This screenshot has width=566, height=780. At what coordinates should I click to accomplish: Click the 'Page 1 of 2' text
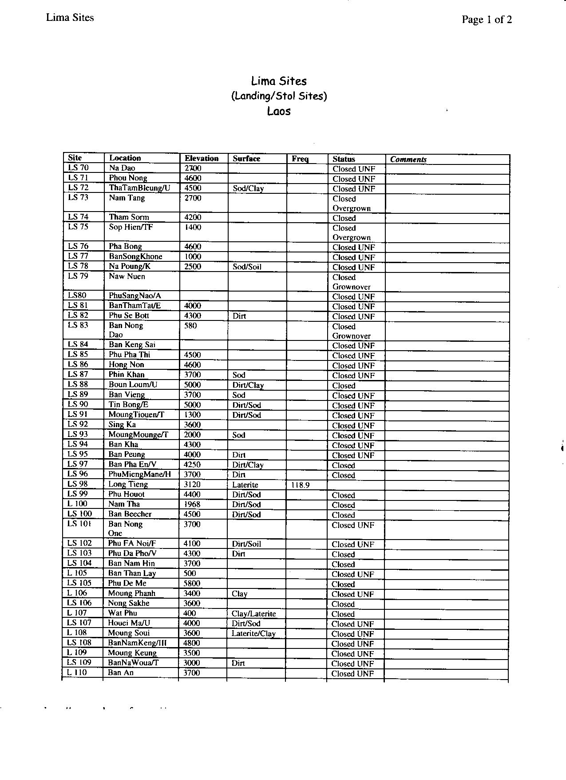coord(487,20)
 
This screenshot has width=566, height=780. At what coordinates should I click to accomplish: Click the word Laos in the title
coord(279,111)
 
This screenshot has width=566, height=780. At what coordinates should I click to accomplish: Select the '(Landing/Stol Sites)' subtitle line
coord(279,96)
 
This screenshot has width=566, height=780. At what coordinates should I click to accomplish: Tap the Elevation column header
coord(202,158)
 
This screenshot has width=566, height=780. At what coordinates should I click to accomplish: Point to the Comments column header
coord(408,160)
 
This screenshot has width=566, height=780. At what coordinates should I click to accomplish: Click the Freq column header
coord(300,159)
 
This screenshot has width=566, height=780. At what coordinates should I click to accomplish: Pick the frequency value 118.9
coord(300,485)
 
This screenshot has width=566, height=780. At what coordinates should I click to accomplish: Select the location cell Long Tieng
coord(128,484)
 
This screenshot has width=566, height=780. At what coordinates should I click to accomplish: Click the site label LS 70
coord(78,168)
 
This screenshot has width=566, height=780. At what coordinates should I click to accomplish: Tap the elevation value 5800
coord(192,583)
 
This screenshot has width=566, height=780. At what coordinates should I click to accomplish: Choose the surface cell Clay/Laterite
coord(253,614)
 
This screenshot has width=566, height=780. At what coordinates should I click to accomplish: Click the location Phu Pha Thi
coord(129,355)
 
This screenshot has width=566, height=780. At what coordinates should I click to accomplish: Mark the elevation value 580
coord(190,326)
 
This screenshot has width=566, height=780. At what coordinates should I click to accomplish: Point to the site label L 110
coord(77,672)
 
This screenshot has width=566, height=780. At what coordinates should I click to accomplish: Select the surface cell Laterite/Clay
coord(253,633)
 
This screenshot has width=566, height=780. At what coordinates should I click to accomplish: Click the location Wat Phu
coord(123,613)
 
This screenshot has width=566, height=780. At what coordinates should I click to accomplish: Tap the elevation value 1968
coord(192,504)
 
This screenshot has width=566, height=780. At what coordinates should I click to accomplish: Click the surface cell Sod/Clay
coord(248,188)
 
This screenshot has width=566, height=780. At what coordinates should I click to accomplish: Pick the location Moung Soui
coord(129,633)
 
